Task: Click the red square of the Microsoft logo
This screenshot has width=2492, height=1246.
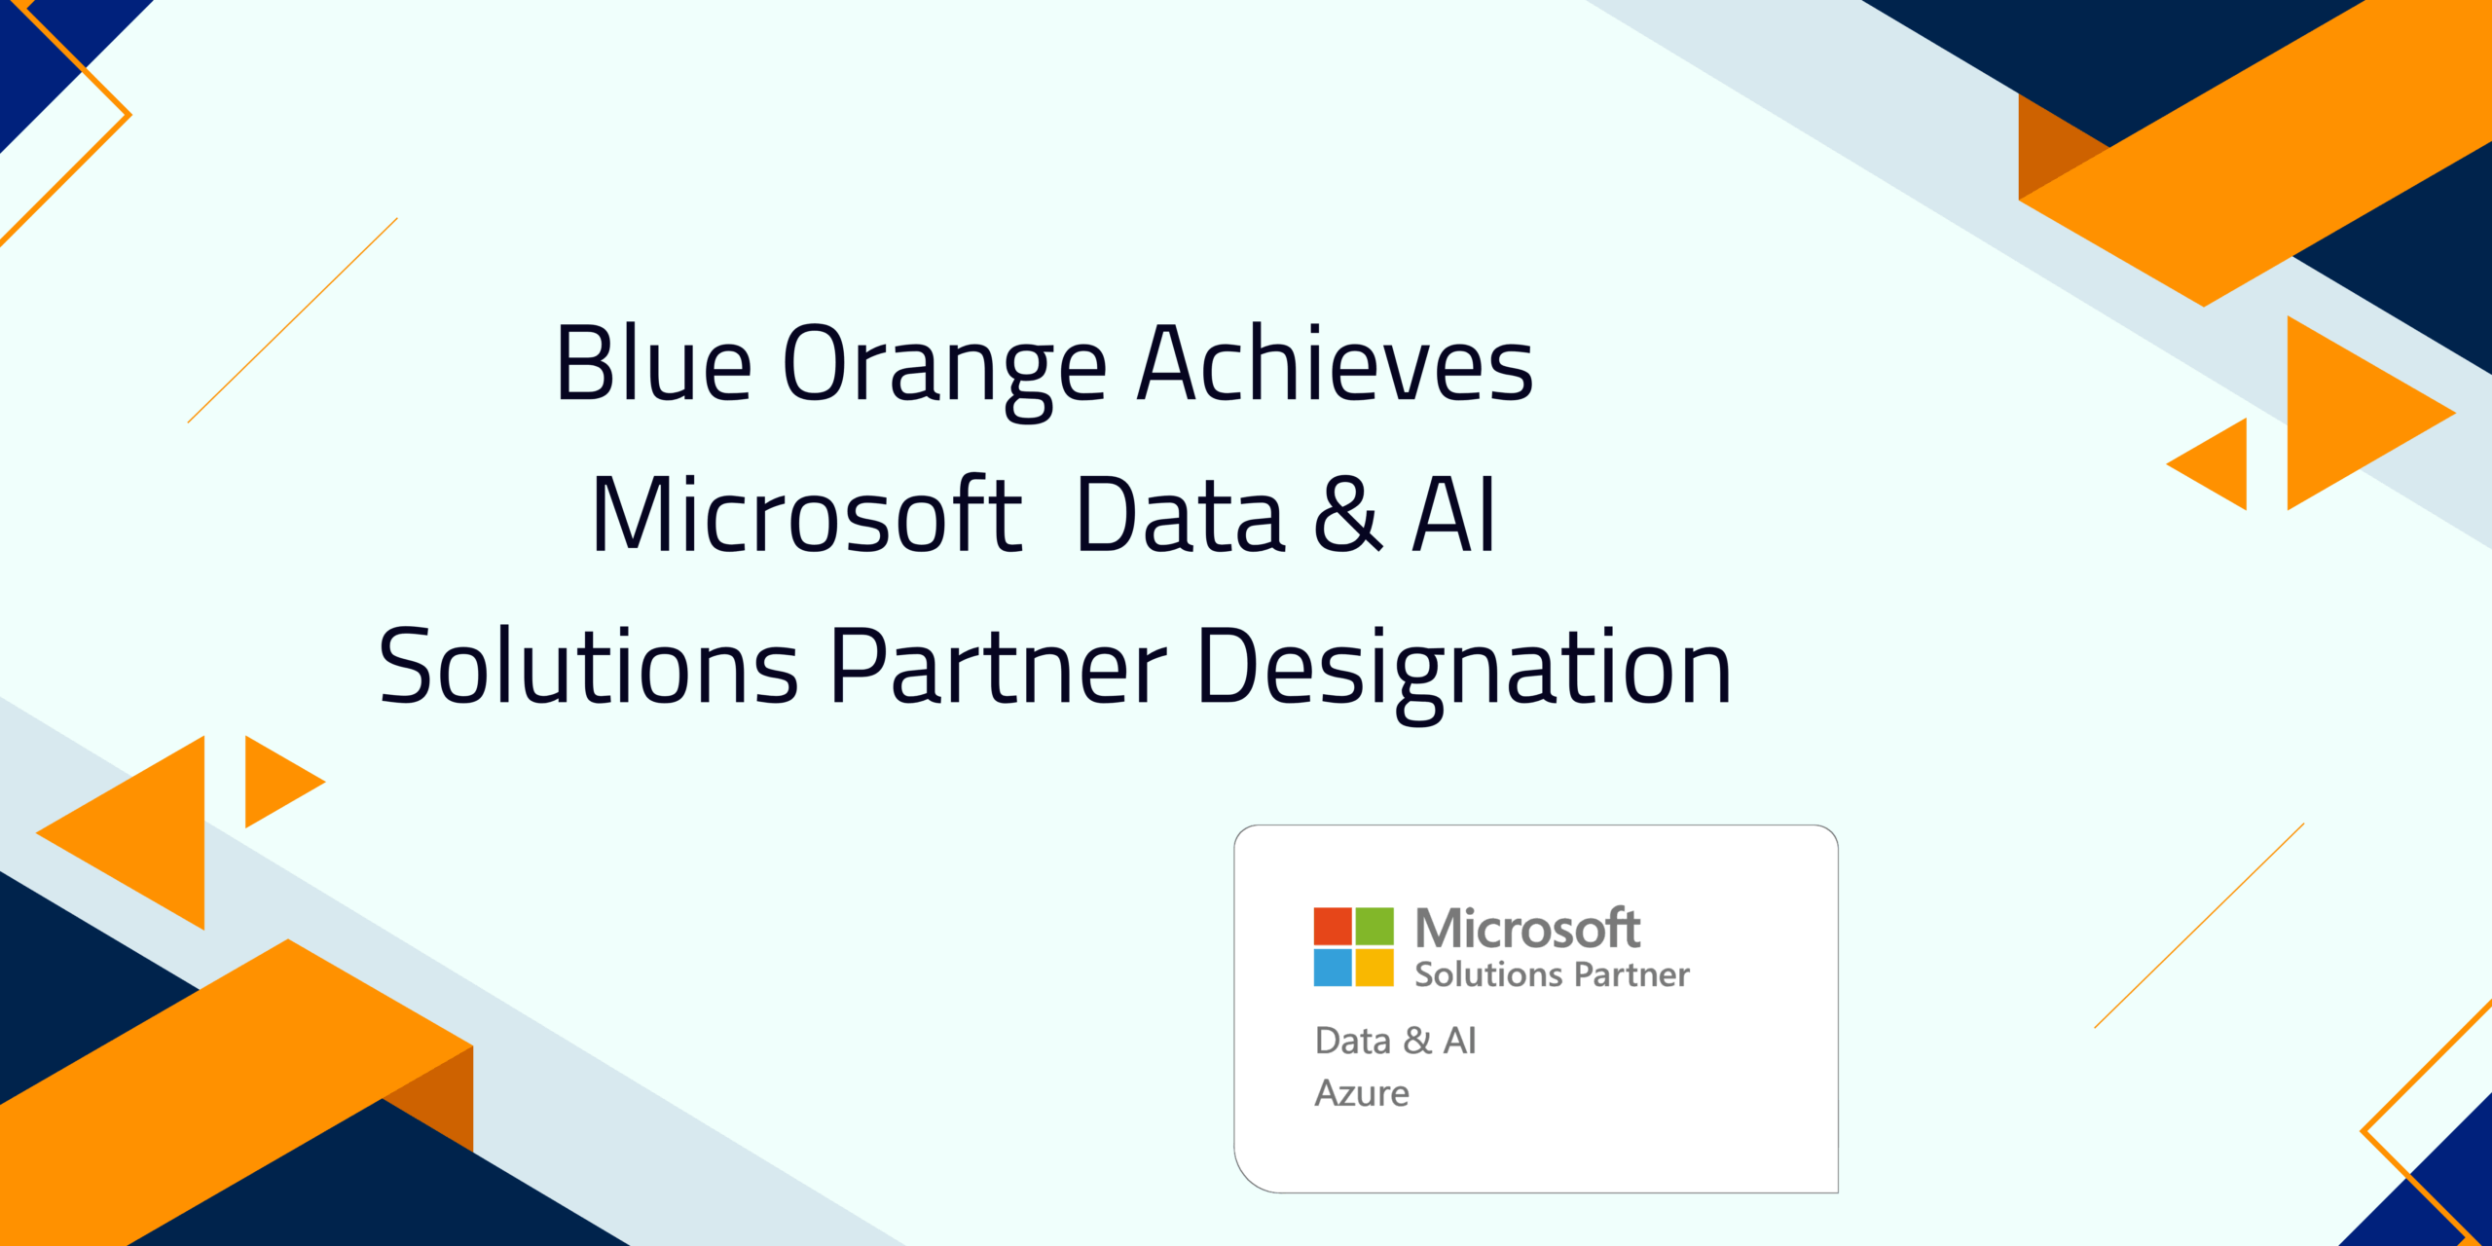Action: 1332,926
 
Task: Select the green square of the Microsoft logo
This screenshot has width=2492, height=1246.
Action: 1374,926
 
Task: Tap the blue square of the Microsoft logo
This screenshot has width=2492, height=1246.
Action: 1332,968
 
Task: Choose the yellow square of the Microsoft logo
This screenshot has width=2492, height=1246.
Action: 1374,968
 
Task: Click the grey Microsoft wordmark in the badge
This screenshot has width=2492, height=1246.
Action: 1527,928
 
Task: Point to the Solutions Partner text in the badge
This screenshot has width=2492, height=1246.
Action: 1552,974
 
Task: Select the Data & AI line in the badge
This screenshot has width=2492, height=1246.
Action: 1395,1041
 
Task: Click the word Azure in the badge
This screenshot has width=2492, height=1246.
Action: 1361,1093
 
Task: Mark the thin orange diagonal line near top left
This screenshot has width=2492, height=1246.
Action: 292,320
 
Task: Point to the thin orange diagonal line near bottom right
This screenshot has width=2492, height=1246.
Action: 2199,926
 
